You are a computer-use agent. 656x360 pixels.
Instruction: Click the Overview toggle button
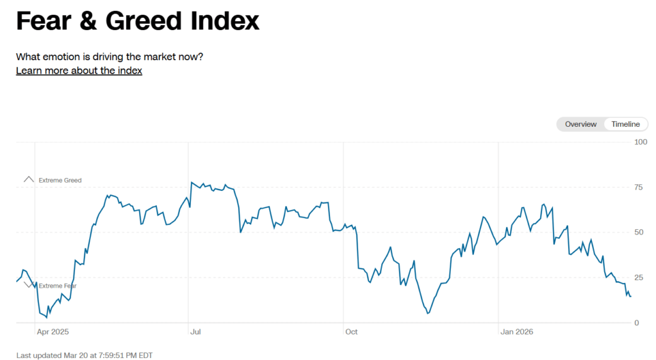[580, 124]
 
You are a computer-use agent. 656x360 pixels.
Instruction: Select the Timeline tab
[625, 124]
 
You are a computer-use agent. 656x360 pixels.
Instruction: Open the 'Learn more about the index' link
[79, 70]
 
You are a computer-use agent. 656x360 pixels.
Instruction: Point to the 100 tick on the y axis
[640, 142]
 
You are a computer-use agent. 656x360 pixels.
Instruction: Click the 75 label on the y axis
[638, 187]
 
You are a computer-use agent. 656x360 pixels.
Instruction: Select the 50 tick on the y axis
[638, 233]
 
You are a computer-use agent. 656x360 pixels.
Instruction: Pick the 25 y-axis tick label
[638, 278]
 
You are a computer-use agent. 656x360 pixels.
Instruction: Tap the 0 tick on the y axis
[636, 323]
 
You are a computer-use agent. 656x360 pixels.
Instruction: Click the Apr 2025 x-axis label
[53, 332]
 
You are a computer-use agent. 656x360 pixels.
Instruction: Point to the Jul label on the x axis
[196, 332]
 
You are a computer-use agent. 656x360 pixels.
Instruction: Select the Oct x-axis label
[351, 332]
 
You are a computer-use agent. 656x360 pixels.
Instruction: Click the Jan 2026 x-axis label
[516, 332]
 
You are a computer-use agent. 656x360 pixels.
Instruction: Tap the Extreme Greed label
[60, 181]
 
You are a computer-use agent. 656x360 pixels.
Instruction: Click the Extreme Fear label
[58, 286]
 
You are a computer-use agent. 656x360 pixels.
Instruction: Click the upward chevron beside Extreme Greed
[28, 180]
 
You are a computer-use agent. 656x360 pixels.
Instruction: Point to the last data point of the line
[630, 296]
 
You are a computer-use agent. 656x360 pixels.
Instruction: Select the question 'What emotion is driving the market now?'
[110, 56]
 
